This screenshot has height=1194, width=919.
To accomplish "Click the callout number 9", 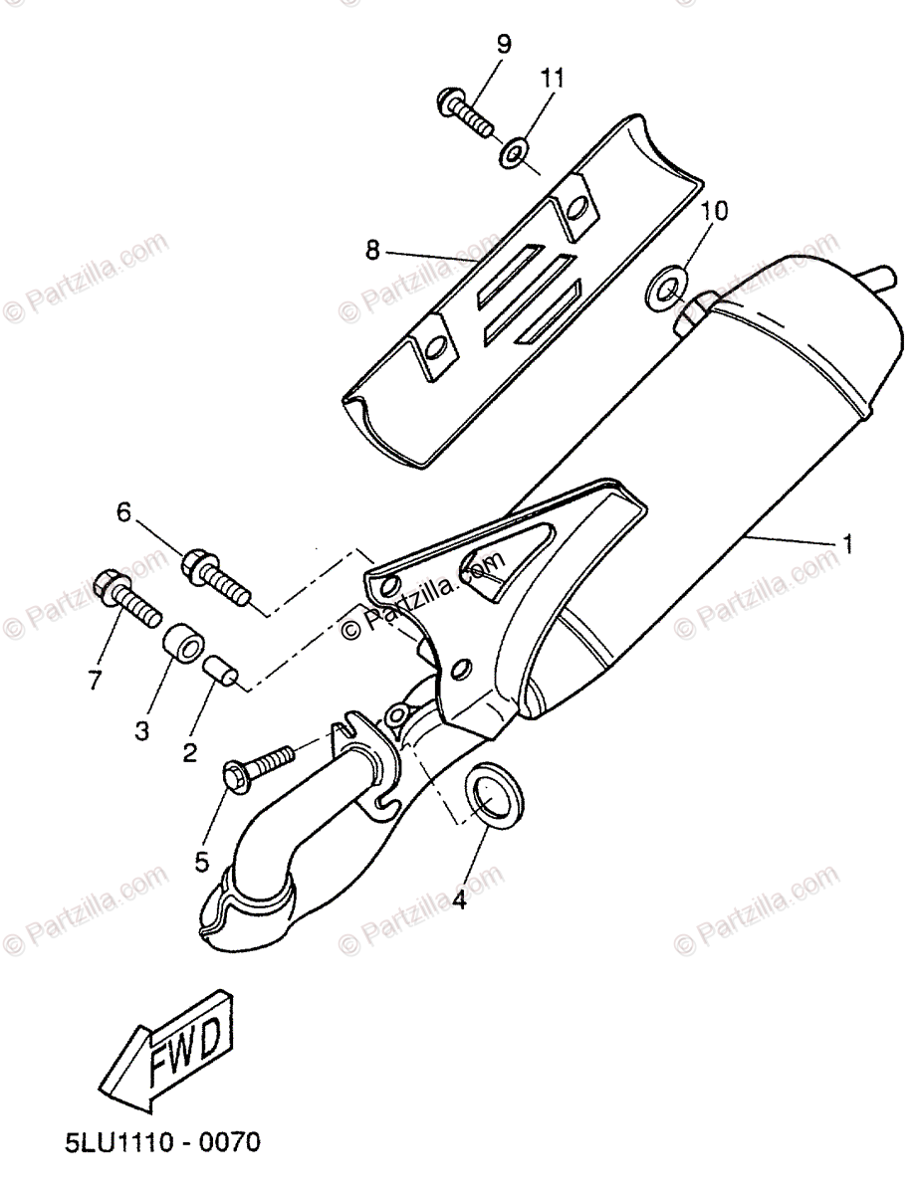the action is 503,44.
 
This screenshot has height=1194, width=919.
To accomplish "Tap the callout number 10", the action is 714,211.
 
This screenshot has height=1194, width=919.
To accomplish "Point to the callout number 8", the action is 372,251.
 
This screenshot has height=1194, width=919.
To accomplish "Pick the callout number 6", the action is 123,512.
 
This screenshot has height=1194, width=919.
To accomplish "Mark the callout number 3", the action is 142,730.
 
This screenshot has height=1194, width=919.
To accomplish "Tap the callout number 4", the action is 459,900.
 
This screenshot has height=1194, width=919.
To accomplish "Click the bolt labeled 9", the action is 465,114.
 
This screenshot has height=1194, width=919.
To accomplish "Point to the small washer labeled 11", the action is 513,153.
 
